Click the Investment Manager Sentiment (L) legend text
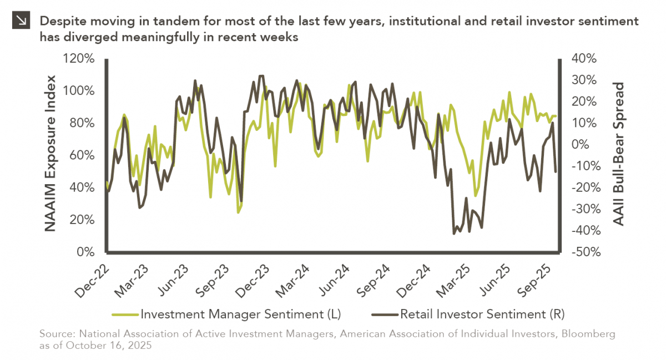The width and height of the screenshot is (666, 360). coord(240,314)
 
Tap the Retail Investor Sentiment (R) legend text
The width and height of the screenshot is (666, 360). coord(482,314)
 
